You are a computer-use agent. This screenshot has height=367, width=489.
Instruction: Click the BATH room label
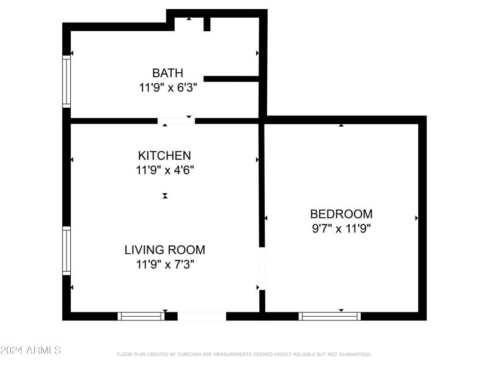pos(167,73)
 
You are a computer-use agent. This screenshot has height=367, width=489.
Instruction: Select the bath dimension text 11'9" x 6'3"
pos(167,87)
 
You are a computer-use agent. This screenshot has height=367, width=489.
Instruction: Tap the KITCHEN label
pos(164,155)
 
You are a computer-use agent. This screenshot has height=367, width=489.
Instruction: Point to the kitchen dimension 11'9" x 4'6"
pos(164,170)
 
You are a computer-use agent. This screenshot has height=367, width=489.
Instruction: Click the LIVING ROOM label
pos(164,250)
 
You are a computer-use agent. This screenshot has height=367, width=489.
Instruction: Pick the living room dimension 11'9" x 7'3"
pos(164,264)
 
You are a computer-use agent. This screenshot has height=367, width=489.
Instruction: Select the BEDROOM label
pos(341,214)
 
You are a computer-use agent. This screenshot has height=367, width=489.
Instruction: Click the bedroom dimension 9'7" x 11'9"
pos(341,229)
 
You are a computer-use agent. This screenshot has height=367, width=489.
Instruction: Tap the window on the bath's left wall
pos(67,82)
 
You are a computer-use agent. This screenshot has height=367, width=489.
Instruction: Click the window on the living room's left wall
pos(67,251)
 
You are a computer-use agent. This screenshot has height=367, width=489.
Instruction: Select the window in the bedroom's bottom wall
pos(329,316)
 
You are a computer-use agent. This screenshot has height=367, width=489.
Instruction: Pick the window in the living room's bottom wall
pos(141,316)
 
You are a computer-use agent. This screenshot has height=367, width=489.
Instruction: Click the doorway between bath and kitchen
pos(176,121)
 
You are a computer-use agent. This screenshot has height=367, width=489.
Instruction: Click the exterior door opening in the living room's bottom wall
pos(202,316)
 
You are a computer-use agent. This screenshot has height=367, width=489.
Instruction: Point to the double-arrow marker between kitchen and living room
pos(165,196)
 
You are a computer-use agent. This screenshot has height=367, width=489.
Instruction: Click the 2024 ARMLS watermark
pos(31,350)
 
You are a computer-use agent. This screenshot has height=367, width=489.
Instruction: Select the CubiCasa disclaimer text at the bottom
pos(244,354)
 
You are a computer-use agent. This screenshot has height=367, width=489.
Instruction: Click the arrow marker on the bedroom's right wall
pos(416,218)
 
